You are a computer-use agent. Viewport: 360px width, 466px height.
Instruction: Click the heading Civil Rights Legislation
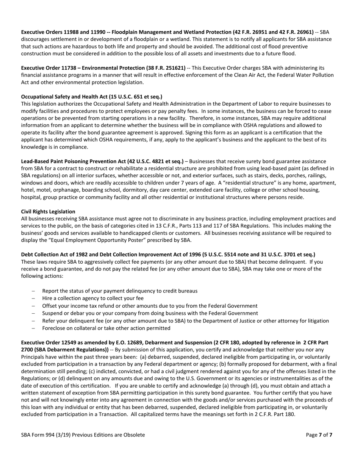(x=48, y=211)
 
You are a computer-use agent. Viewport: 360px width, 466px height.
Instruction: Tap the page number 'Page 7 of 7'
(x=319, y=435)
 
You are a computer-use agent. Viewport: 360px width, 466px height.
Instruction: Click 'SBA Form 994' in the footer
(x=38, y=435)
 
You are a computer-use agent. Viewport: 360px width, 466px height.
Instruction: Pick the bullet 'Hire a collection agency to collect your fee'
(x=92, y=298)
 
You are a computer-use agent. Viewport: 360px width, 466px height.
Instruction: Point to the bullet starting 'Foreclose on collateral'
(x=106, y=328)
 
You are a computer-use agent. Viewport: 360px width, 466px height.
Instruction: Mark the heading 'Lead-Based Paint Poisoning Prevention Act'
(x=74, y=161)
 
